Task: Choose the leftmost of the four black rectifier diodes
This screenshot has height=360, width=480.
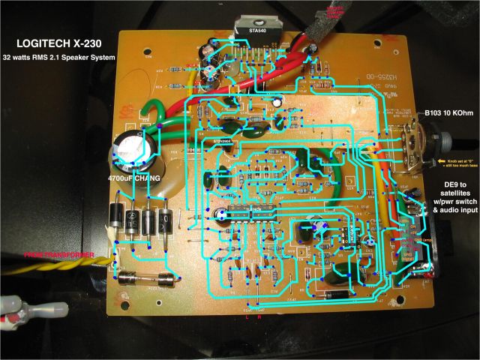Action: click(118, 217)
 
